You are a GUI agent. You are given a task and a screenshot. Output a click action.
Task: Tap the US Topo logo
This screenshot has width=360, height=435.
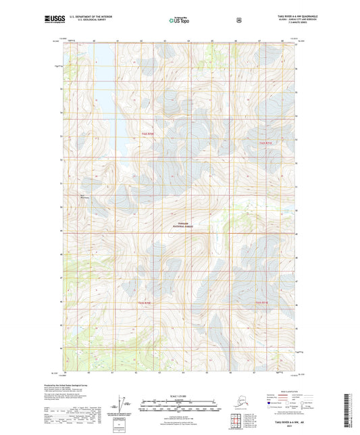click(179, 21)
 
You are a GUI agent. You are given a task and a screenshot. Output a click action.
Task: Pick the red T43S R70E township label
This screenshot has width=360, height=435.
click(147, 302)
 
